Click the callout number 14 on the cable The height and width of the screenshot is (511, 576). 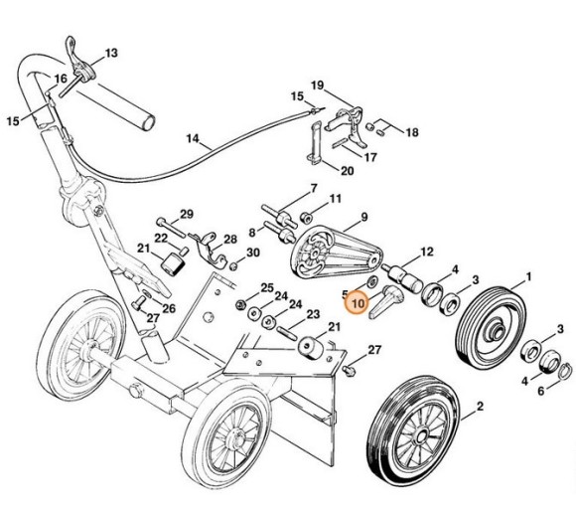(x=193, y=138)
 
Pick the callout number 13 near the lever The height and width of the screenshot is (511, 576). (x=110, y=52)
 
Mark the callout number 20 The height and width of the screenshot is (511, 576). (x=347, y=170)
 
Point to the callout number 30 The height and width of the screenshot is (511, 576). (x=253, y=254)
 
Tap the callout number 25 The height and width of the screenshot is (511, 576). (x=266, y=287)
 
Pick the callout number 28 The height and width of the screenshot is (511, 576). (x=230, y=240)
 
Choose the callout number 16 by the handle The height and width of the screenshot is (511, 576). (x=61, y=78)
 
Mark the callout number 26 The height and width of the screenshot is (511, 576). (x=169, y=308)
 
